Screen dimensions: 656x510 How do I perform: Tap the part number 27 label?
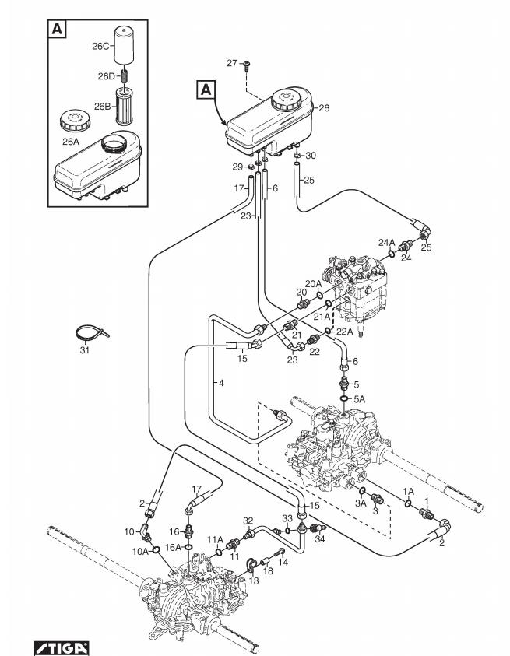click(231, 64)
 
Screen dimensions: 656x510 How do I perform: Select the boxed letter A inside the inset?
click(58, 29)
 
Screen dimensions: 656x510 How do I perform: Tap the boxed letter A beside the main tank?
click(206, 90)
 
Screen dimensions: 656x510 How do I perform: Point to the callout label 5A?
click(359, 398)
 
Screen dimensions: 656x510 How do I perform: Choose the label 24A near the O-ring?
click(387, 242)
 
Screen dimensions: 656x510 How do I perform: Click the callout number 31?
click(84, 351)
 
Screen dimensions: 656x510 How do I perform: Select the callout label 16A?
click(173, 547)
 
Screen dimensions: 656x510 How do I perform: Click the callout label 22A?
click(345, 331)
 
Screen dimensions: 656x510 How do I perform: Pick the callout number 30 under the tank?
click(311, 156)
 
